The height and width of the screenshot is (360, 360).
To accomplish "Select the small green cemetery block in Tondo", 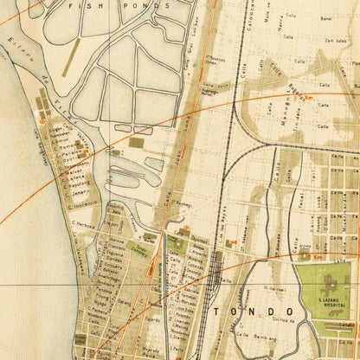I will click(138, 247).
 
